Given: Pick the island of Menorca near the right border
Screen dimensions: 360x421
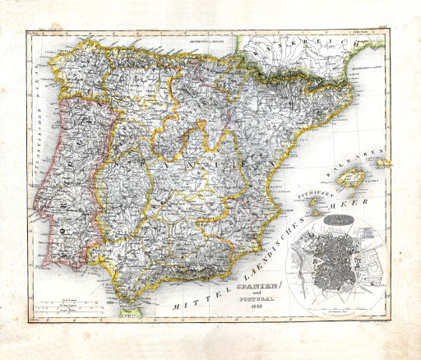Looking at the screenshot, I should (x=383, y=163).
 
